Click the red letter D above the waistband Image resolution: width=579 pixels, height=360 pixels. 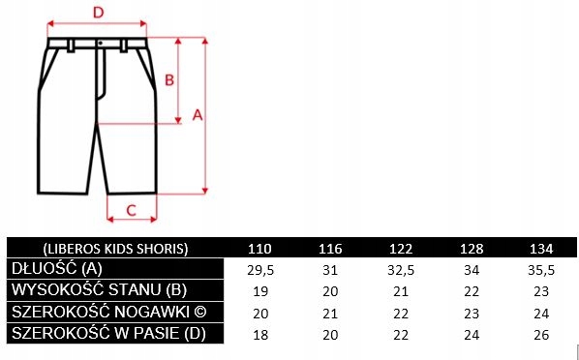click(98, 13)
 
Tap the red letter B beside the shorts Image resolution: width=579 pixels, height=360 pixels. click(169, 79)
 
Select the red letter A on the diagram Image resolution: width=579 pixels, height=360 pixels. click(198, 115)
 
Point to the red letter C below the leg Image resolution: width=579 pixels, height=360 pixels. click(132, 210)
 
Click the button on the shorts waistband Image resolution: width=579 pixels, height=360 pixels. click(100, 44)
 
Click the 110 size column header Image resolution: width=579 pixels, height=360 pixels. click(259, 249)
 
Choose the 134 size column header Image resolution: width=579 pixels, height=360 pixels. click(541, 249)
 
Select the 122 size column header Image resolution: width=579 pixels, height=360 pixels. click(401, 249)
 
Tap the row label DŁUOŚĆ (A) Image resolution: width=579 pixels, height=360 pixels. click(57, 269)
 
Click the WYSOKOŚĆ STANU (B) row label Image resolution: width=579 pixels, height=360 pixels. click(99, 290)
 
